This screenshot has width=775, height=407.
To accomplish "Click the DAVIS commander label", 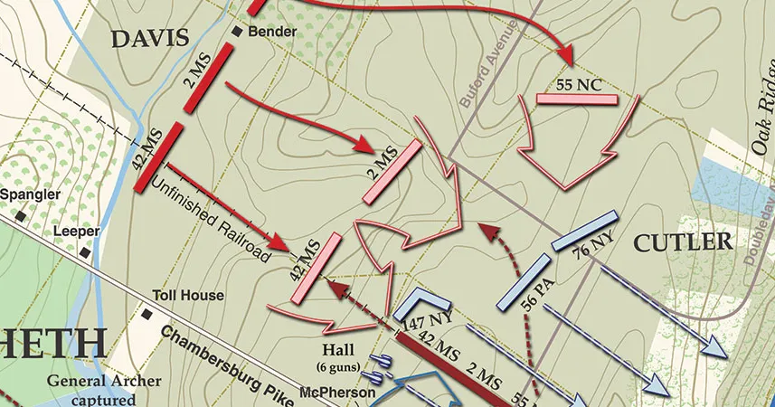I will pyautogui.click(x=149, y=37).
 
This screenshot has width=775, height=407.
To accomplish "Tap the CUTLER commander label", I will pyautogui.click(x=682, y=241).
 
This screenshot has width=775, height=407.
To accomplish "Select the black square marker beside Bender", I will pyautogui.click(x=238, y=32).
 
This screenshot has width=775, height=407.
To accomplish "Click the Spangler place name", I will pyautogui.click(x=31, y=194).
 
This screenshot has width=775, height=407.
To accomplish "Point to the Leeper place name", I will pyautogui.click(x=76, y=231).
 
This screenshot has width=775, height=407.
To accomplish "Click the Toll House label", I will pyautogui.click(x=188, y=295).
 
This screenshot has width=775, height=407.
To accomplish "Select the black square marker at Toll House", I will pyautogui.click(x=146, y=314).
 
